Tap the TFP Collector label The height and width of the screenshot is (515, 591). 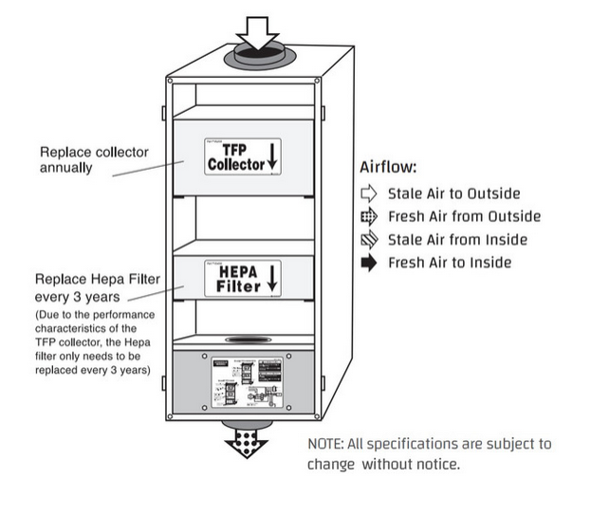235,156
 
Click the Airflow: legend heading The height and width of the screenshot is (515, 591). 389,168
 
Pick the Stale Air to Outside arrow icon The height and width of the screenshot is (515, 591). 369,193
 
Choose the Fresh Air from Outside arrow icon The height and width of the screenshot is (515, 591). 369,216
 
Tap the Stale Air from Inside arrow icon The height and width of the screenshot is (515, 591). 369,240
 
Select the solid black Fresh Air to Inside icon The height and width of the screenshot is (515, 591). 369,263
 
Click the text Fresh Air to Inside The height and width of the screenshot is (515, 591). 450,263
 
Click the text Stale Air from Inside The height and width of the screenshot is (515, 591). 457,240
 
